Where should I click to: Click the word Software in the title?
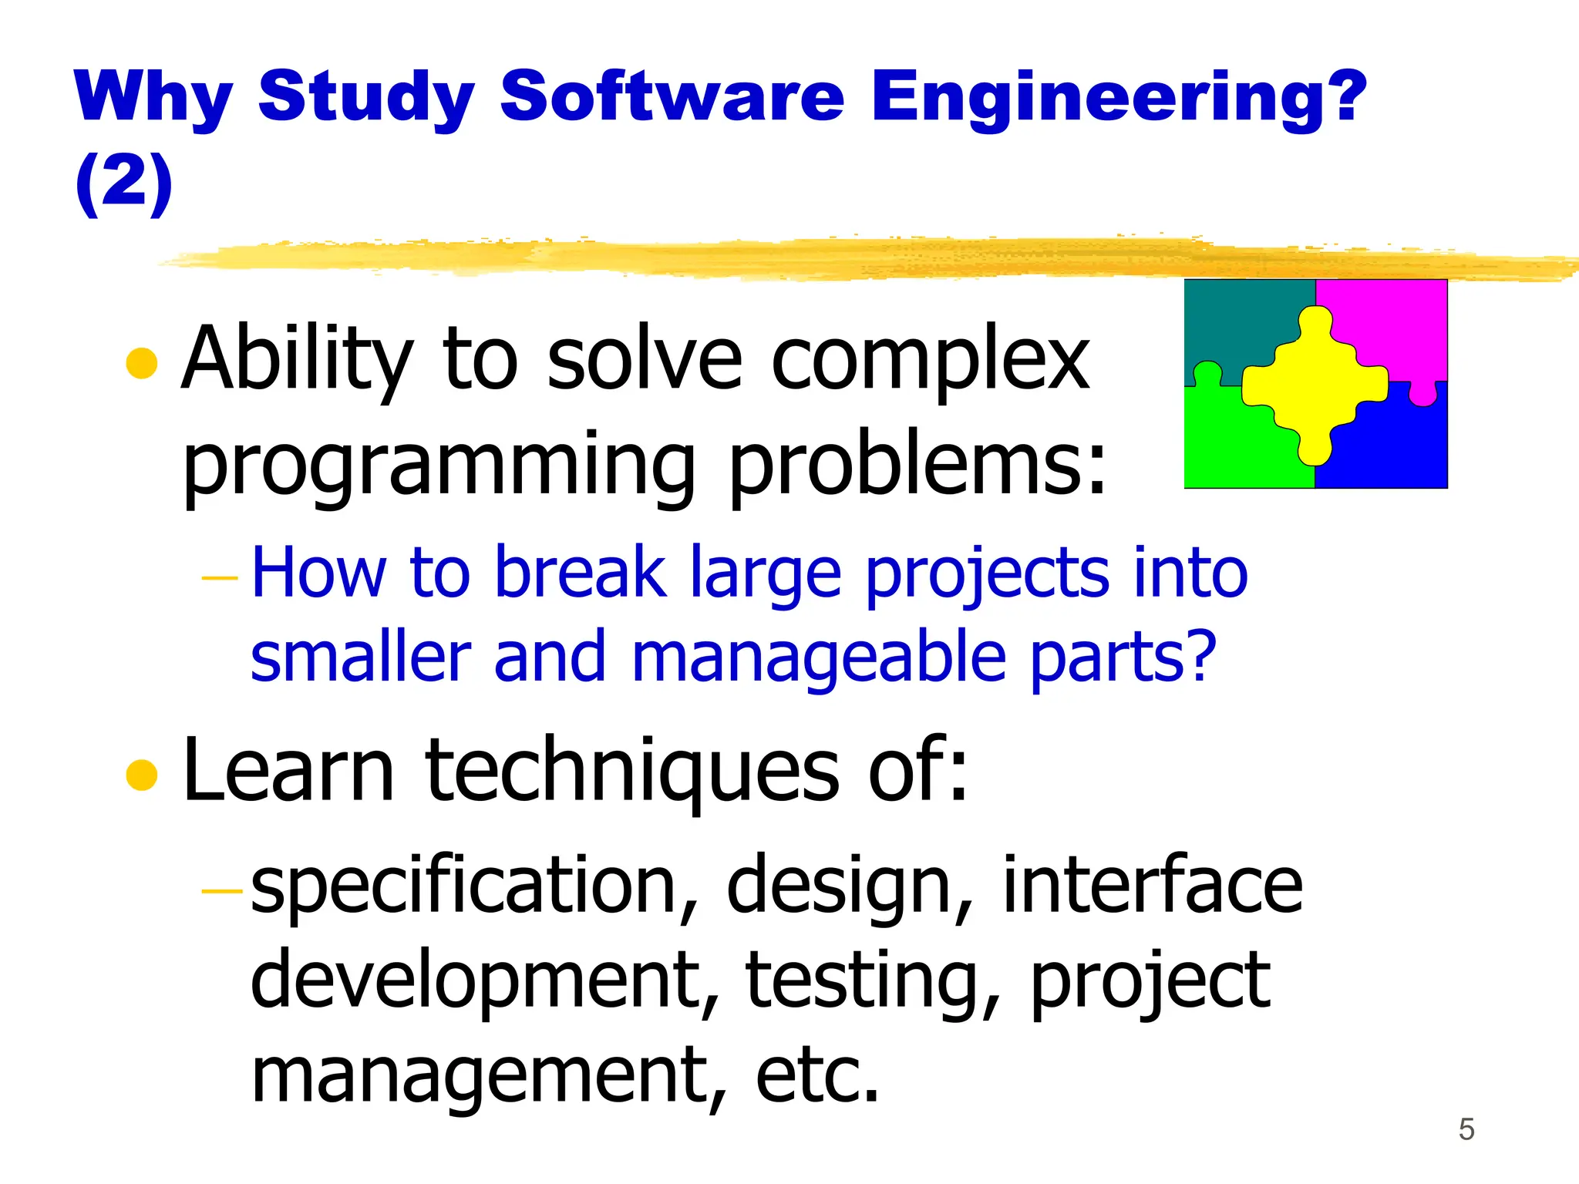pos(672,96)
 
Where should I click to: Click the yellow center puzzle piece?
pos(1315,385)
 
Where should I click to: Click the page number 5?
pos(1466,1130)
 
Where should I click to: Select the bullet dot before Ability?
pos(142,363)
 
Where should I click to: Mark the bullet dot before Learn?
pos(142,775)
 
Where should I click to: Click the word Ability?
pos(298,360)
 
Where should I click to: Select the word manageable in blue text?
pos(819,658)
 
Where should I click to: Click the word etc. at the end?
pos(816,1075)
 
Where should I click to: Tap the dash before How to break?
pos(220,577)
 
